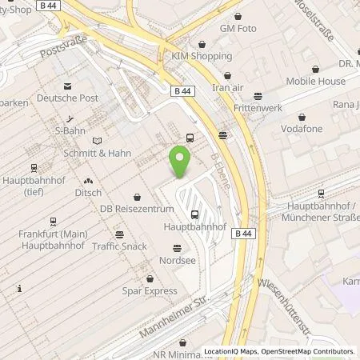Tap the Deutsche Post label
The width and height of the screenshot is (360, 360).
click(69, 98)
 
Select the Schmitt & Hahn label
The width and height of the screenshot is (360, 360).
click(98, 153)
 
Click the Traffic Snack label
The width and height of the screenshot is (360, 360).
click(119, 246)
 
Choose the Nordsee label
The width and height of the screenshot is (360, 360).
click(177, 259)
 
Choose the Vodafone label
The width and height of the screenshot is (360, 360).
click(302, 127)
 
